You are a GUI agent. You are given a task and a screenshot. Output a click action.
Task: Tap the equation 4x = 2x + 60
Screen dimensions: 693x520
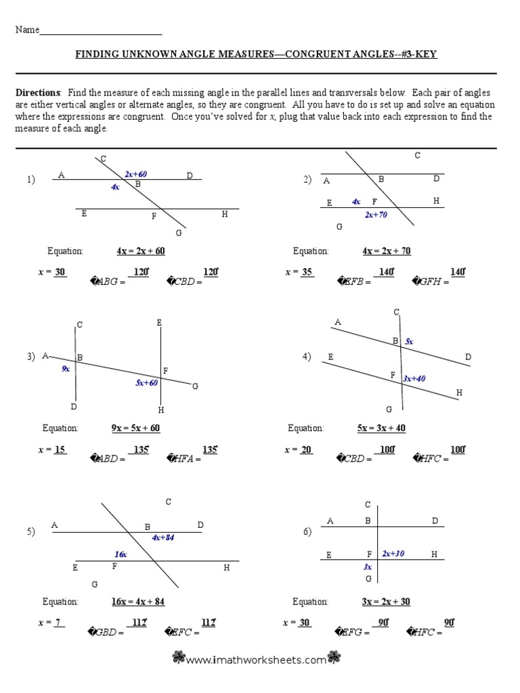[140, 251]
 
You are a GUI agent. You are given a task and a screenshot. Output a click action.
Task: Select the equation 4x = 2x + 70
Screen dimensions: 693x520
[386, 251]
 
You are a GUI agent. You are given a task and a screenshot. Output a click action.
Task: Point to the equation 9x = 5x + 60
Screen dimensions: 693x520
[135, 428]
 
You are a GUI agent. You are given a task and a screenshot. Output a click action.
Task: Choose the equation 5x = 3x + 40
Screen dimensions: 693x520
[381, 428]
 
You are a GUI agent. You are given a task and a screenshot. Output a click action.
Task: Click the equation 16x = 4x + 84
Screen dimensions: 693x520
[138, 602]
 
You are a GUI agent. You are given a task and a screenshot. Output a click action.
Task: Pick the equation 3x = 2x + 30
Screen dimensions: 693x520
[386, 602]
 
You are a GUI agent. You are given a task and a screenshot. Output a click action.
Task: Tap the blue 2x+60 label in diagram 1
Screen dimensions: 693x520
[135, 175]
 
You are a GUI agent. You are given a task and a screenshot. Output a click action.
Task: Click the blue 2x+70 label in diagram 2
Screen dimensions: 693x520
[376, 215]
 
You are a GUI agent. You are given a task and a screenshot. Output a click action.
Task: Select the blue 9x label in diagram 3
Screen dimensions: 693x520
[66, 369]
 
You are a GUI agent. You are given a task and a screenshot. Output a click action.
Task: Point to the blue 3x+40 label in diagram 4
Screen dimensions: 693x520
[414, 378]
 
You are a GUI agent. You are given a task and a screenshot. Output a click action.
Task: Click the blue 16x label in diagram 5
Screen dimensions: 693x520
[121, 554]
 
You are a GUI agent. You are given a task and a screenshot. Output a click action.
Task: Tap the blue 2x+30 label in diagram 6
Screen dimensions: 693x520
[393, 554]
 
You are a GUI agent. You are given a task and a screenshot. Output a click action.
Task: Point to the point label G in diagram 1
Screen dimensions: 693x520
[179, 233]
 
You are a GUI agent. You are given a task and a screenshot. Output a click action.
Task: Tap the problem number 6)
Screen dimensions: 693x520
[307, 532]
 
